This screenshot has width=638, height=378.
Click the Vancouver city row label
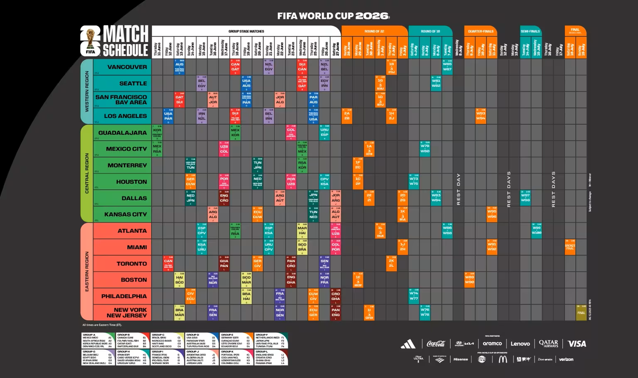pos(127,67)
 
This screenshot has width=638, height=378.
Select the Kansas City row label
pos(125,214)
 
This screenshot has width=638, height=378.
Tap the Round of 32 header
pos(374,31)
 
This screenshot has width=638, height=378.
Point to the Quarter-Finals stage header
pos(481,31)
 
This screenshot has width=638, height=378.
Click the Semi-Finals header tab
pos(530,31)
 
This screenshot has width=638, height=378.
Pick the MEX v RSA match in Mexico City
pos(157,149)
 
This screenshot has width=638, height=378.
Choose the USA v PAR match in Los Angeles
pos(168,116)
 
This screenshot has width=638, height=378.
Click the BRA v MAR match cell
pos(179,312)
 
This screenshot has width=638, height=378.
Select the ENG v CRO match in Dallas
pos(224,198)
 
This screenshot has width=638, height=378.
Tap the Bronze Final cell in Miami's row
pos(570,247)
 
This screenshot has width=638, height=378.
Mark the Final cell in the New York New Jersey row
pos(581,312)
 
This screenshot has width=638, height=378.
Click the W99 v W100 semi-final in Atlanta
pos(536,231)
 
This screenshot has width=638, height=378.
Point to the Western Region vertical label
pos(87,91)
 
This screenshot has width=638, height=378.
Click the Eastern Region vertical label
pos(87,272)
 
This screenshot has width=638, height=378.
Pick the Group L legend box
pos(271,358)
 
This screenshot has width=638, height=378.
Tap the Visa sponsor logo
pos(577,344)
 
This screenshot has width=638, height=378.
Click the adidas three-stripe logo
pos(408,344)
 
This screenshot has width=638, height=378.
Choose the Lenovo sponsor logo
pos(520,344)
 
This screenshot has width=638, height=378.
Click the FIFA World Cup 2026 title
pos(333,16)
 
